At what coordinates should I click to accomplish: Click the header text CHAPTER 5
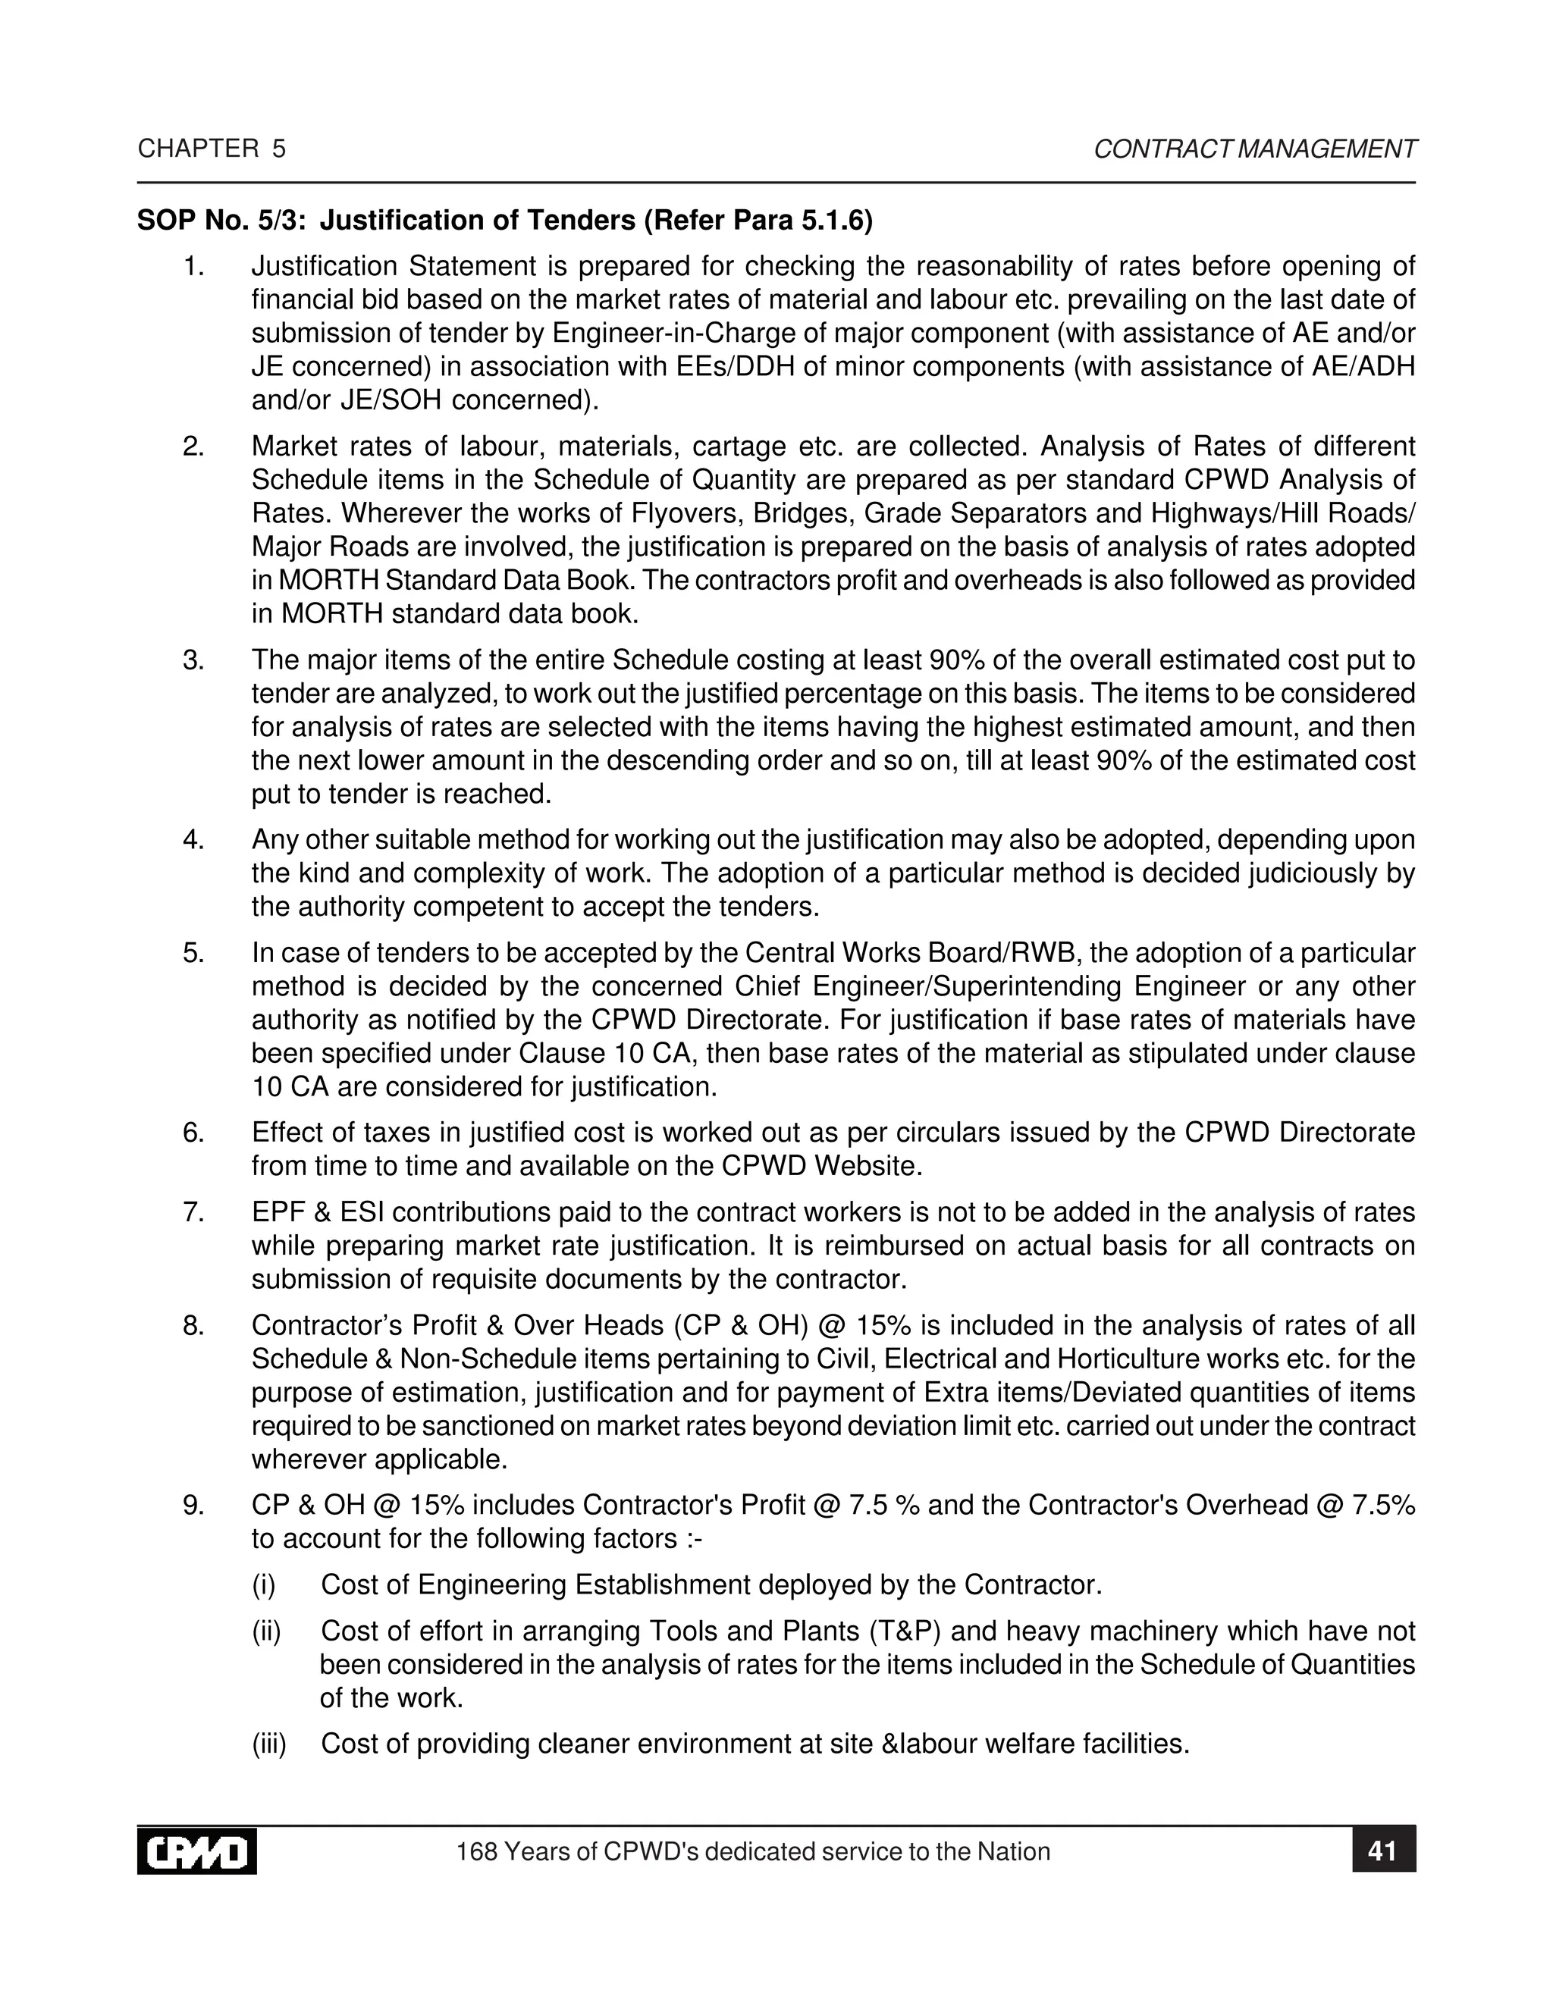[x=212, y=149]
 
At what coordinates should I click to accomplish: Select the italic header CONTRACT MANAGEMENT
[x=1254, y=149]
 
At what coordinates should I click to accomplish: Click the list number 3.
[x=193, y=660]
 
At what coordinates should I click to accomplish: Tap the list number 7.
[x=193, y=1212]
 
